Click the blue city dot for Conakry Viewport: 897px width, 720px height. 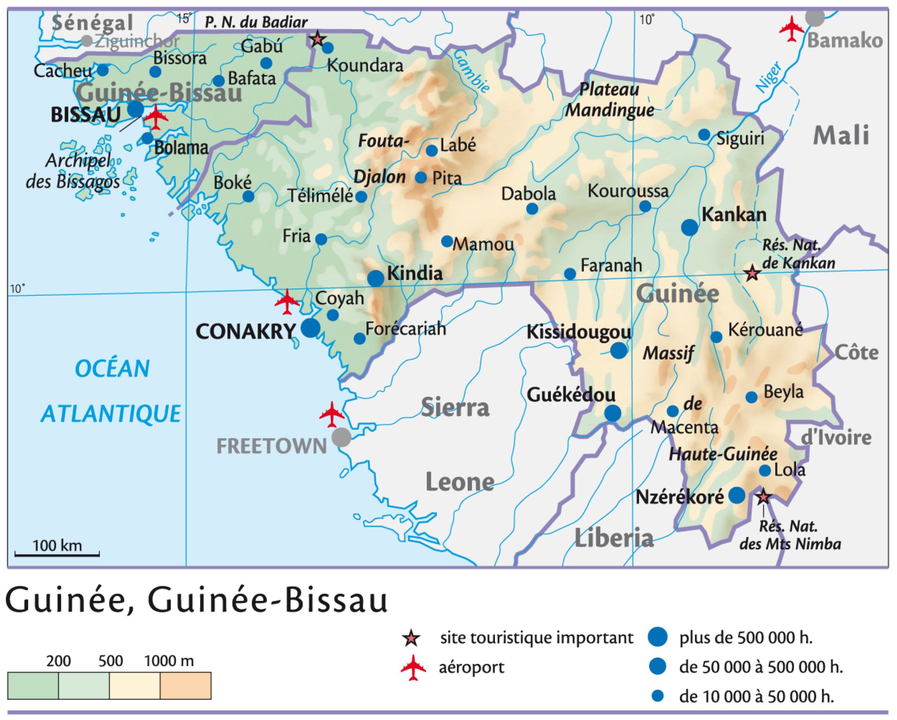[310, 328]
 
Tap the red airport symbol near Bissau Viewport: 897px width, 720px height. [156, 117]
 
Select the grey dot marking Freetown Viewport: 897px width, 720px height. [341, 437]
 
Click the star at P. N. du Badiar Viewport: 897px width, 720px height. [318, 39]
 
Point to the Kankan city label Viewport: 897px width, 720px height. [734, 215]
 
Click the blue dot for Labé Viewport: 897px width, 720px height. [432, 150]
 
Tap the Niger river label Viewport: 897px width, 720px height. [768, 77]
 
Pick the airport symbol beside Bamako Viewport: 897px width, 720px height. [791, 29]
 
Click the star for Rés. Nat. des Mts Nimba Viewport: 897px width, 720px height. [763, 496]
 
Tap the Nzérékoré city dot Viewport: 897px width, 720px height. [737, 495]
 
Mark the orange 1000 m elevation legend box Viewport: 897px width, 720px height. [185, 685]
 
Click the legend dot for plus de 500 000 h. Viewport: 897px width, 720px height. [657, 637]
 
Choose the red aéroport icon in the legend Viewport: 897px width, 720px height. [413, 667]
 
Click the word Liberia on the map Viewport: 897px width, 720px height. [614, 538]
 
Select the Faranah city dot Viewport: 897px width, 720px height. [570, 274]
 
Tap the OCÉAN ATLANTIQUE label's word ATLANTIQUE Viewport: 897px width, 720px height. [111, 413]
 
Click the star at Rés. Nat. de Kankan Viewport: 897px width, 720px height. [752, 272]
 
